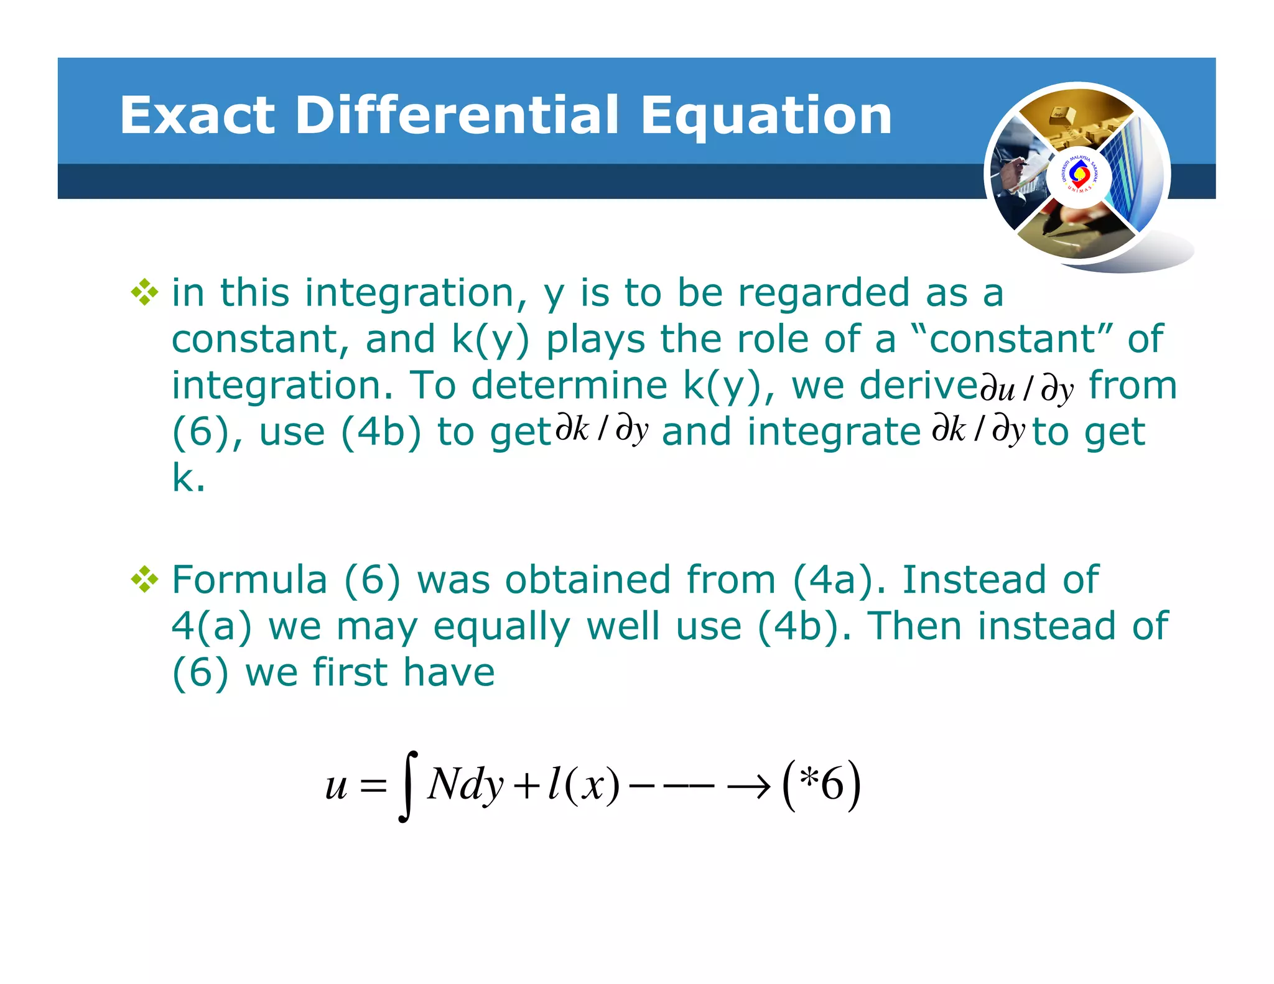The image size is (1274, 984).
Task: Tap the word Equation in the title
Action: (766, 117)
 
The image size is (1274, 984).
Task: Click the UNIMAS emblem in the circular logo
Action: (1079, 175)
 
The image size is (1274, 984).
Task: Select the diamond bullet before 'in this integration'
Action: (144, 292)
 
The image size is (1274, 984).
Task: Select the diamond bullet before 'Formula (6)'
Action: (144, 580)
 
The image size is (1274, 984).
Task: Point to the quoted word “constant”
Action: (1011, 339)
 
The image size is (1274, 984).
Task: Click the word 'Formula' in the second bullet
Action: (249, 580)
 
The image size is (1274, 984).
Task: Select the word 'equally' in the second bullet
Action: (501, 627)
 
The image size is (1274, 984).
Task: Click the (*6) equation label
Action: (821, 785)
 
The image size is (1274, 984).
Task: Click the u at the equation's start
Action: (336, 786)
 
